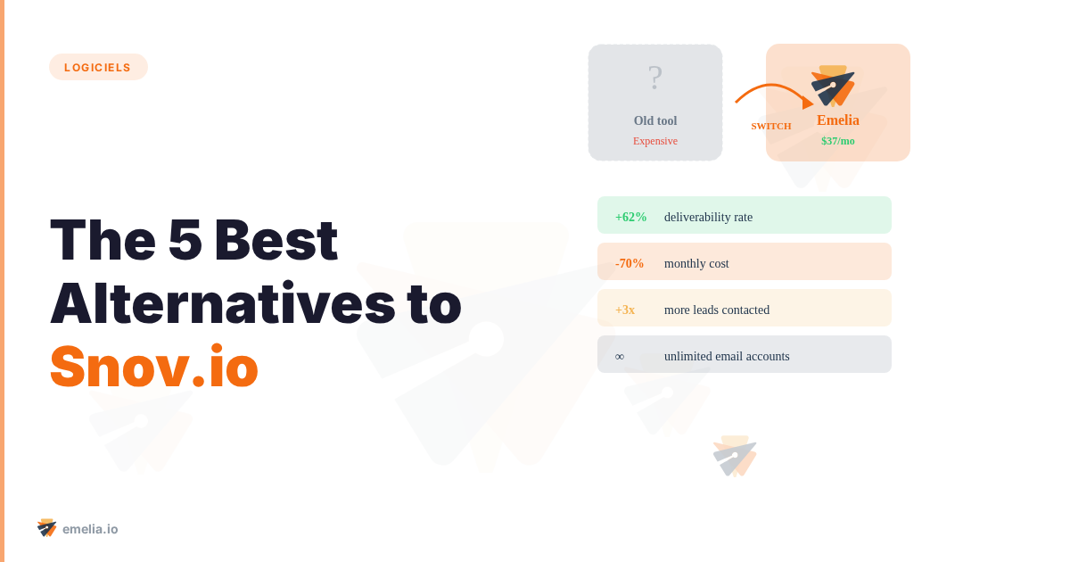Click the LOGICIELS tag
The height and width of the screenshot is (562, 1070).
pos(98,67)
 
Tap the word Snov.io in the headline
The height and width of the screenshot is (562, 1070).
pos(154,367)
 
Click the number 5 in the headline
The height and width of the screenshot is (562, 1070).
pos(185,240)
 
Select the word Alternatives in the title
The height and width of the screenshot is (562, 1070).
pos(222,303)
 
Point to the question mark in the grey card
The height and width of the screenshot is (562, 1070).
pos(655,79)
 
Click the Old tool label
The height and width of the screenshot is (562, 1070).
pos(655,120)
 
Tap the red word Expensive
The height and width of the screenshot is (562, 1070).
pos(655,141)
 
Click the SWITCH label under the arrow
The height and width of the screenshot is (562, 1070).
pos(771,126)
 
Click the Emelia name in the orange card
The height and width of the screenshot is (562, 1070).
pos(838,120)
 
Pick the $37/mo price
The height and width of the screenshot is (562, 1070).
pos(838,141)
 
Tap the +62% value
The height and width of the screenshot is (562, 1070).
pos(631,217)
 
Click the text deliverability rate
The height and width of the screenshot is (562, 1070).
pos(708,217)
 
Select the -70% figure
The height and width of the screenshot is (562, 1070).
pos(630,263)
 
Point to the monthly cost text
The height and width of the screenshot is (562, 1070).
pos(696,263)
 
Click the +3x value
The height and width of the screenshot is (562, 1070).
pos(625,310)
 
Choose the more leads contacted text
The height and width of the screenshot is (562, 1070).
pos(717,310)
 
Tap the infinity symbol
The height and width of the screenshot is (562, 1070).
pos(620,357)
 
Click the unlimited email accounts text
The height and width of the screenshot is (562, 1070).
pos(727,356)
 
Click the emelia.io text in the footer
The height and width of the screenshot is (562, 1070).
pos(90,529)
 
